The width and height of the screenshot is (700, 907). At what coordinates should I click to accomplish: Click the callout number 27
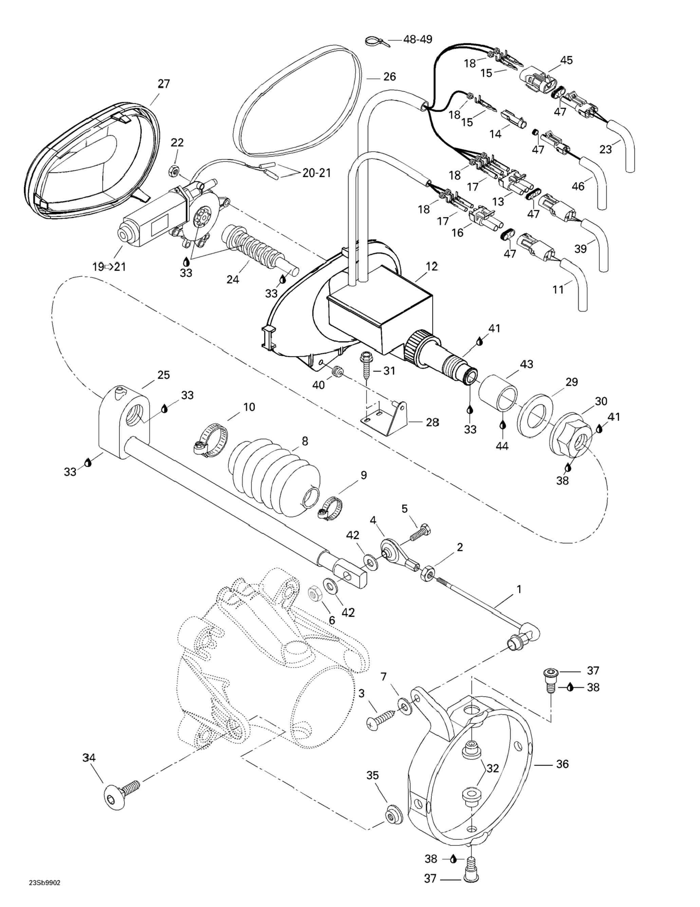[164, 84]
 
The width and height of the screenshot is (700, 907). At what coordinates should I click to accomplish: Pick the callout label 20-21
[316, 173]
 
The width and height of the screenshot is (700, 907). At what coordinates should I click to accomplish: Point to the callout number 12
[432, 267]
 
